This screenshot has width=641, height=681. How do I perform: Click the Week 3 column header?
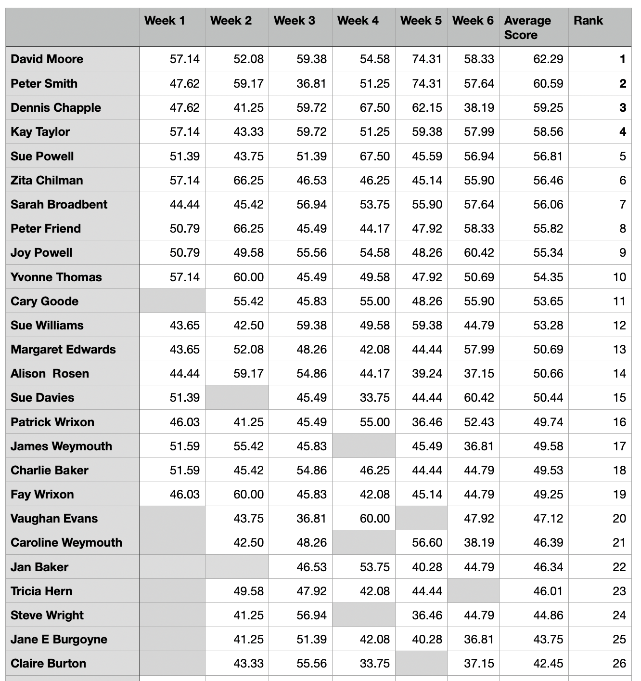tap(295, 21)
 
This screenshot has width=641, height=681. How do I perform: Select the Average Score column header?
tap(527, 27)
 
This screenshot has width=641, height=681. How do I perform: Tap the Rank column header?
tap(588, 21)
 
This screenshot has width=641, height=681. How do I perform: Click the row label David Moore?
tap(47, 59)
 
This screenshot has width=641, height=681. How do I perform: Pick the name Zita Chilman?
tap(47, 181)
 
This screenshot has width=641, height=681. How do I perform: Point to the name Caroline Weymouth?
tap(66, 543)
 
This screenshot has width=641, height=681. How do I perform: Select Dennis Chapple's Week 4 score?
tap(374, 108)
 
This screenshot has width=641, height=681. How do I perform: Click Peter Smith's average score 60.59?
tap(548, 84)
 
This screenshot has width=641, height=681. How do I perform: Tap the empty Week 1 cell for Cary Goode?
tap(172, 301)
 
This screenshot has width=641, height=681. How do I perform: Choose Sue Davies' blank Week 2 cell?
tap(237, 397)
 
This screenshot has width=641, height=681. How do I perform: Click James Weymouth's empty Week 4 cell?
tap(363, 446)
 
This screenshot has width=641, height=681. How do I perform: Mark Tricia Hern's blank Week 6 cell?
tap(473, 591)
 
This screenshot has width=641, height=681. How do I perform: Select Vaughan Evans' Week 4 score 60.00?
tap(374, 519)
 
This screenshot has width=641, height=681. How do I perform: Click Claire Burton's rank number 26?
tap(619, 664)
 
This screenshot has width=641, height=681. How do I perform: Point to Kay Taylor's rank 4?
tap(622, 132)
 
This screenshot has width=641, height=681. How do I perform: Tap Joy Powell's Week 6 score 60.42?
tap(479, 253)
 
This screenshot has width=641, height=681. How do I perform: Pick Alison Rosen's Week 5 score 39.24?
tap(427, 374)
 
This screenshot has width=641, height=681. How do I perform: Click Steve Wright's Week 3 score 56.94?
tap(311, 616)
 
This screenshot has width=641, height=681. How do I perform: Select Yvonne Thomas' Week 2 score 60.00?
tap(248, 277)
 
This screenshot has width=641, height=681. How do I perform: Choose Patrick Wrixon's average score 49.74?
tap(548, 422)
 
